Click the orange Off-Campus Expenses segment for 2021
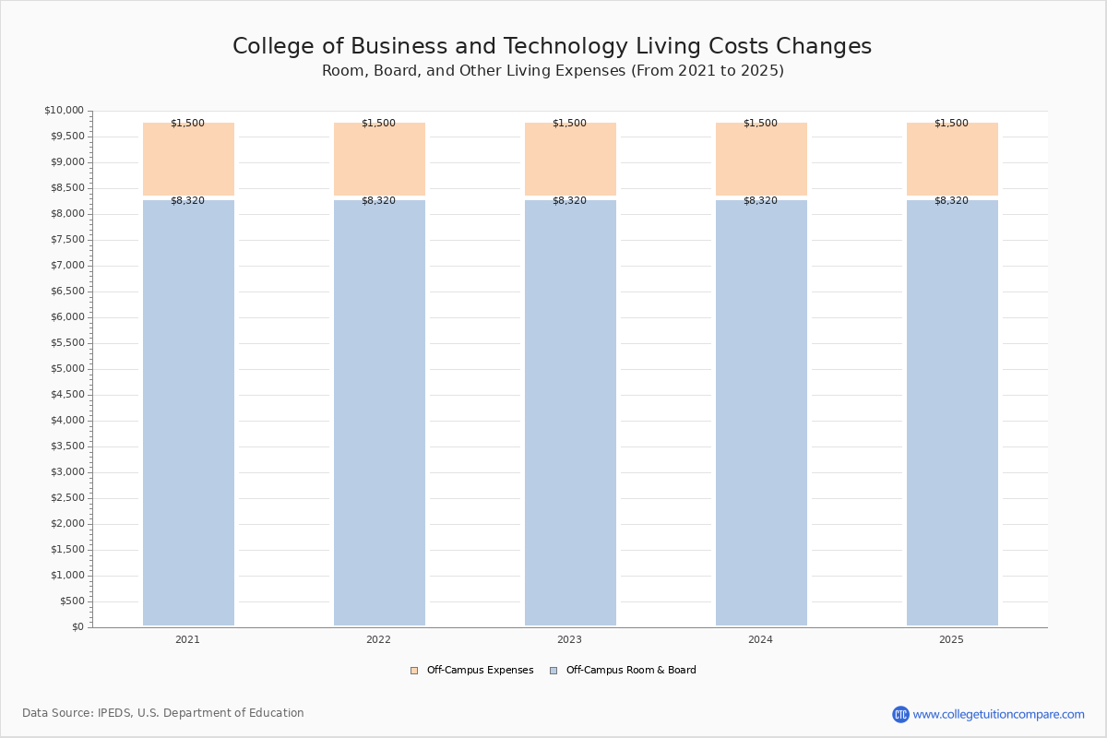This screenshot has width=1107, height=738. click(188, 160)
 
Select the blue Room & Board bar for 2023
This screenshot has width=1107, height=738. click(570, 412)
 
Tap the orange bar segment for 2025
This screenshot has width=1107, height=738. click(952, 160)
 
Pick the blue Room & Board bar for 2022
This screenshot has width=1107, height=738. click(379, 412)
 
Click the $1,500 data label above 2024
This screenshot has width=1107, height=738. click(760, 123)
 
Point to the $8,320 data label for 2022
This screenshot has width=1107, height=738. click(378, 200)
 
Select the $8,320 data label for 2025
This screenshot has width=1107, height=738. click(951, 200)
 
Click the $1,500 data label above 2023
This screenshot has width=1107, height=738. click(569, 123)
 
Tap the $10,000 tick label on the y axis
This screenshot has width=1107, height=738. click(65, 110)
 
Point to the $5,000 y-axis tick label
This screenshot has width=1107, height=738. click(67, 368)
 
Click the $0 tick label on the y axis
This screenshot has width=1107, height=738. click(78, 626)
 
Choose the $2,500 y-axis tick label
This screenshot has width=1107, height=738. click(67, 497)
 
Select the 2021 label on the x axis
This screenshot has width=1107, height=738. click(187, 639)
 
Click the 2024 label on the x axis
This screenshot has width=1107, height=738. click(760, 639)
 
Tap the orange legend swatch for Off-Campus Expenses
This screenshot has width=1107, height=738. click(414, 671)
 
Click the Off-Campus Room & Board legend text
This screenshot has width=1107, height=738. click(631, 670)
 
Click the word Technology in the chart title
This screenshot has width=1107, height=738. click(565, 46)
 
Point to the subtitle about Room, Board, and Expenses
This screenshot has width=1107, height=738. click(553, 71)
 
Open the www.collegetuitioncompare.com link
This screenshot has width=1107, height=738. click(998, 714)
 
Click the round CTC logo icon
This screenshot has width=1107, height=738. click(900, 714)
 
